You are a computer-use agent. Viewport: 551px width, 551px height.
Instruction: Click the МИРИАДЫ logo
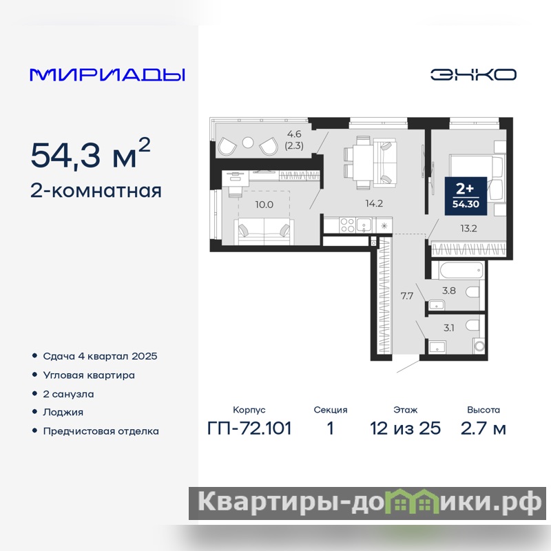[107, 75]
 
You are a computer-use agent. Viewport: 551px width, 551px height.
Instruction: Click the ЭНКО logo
[473, 74]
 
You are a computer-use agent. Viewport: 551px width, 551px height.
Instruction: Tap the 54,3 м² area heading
[91, 154]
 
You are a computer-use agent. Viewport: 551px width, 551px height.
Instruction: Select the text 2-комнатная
[96, 191]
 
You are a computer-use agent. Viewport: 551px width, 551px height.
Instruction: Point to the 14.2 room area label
[374, 203]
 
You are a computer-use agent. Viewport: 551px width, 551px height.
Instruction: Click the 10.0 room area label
[264, 205]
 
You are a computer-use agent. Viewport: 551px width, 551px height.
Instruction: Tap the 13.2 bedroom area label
[468, 229]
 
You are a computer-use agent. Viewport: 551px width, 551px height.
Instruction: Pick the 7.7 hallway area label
[406, 296]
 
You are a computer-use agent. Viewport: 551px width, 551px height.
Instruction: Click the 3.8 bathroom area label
[449, 291]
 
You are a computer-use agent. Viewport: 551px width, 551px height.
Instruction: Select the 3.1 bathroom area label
[449, 328]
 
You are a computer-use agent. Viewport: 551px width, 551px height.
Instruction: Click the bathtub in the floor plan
[457, 270]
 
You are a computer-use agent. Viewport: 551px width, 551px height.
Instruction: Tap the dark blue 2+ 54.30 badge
[466, 196]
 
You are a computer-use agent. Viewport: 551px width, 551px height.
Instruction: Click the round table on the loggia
[248, 142]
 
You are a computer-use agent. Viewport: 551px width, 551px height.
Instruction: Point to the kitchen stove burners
[348, 225]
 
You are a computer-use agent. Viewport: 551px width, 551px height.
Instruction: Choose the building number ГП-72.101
[249, 428]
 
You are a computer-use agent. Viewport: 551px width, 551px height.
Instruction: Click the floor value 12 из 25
[405, 428]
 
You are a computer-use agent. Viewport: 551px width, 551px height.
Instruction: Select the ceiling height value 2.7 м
[484, 428]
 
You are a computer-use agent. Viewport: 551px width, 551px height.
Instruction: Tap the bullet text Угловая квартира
[89, 375]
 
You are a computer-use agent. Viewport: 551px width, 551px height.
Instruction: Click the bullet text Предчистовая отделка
[101, 431]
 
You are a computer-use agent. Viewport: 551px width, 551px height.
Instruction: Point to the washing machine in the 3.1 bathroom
[479, 346]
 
